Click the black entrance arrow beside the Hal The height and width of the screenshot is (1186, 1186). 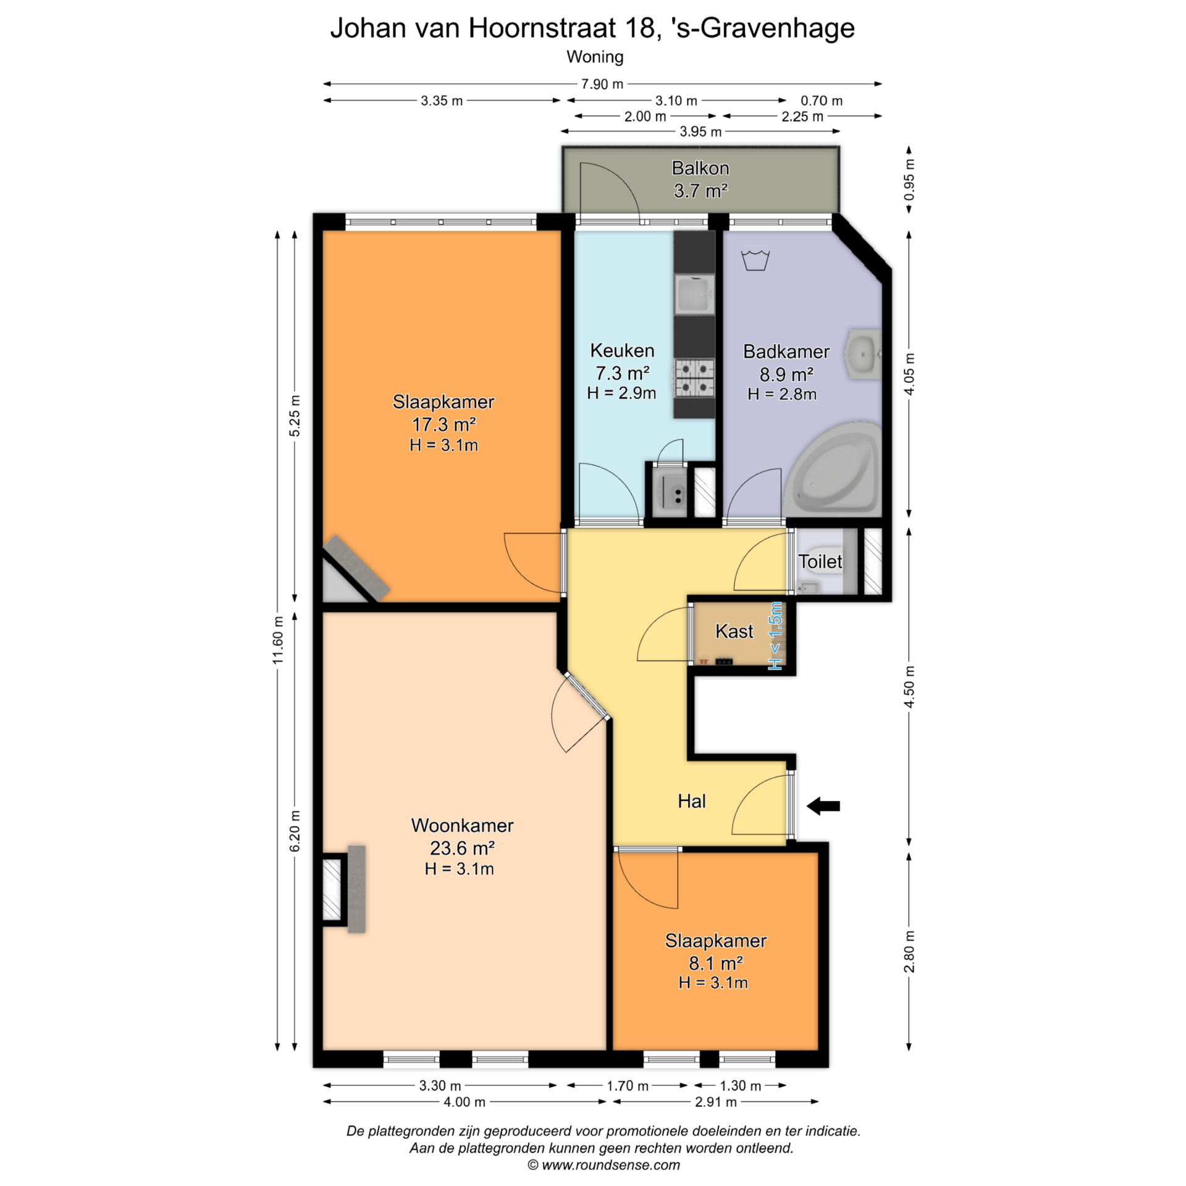click(x=823, y=805)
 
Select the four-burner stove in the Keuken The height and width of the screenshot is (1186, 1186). click(x=694, y=378)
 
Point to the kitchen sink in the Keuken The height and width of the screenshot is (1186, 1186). click(x=695, y=294)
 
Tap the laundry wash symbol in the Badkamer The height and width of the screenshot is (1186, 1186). click(x=755, y=260)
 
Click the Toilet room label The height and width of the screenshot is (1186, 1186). click(x=820, y=561)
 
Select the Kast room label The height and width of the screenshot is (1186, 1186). click(x=734, y=631)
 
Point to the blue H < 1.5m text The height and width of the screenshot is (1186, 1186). click(x=775, y=636)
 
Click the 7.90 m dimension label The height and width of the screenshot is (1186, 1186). click(x=602, y=84)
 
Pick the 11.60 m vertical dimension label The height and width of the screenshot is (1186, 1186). click(x=278, y=640)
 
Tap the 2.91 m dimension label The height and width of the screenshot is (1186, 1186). click(x=716, y=1102)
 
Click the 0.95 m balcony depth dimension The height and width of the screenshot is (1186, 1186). click(x=909, y=180)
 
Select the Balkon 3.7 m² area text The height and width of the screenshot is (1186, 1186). click(x=700, y=179)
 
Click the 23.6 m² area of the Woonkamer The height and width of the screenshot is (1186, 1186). click(x=462, y=848)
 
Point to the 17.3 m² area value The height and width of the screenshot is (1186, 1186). click(x=444, y=424)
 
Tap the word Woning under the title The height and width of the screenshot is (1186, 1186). click(x=595, y=57)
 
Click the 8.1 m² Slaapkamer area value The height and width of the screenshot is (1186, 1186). click(x=716, y=963)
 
